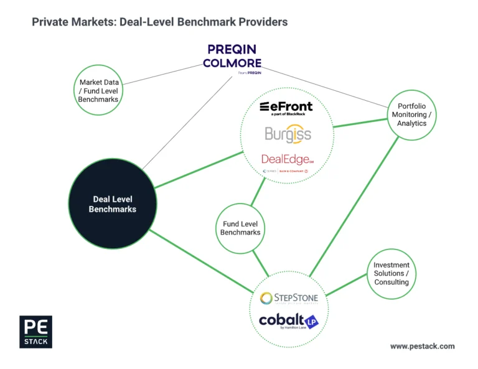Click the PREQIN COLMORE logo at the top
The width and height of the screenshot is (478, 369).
tap(232, 56)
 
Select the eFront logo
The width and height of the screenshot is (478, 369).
tap(286, 107)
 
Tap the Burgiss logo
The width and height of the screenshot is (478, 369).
tap(288, 134)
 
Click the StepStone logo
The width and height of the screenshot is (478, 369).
tap(289, 298)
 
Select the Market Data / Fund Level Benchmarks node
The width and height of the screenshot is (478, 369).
tap(98, 91)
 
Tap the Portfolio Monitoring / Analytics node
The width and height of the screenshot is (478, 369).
tap(412, 114)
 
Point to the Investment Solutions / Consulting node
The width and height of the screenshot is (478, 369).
tap(391, 273)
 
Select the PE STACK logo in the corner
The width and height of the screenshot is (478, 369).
tap(35, 332)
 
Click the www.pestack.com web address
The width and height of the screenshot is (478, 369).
tap(422, 346)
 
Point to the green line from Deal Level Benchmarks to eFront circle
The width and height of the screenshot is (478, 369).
tap(198, 169)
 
